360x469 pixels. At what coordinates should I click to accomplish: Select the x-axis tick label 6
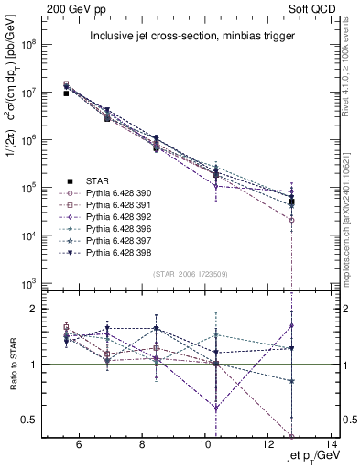[79, 445]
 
